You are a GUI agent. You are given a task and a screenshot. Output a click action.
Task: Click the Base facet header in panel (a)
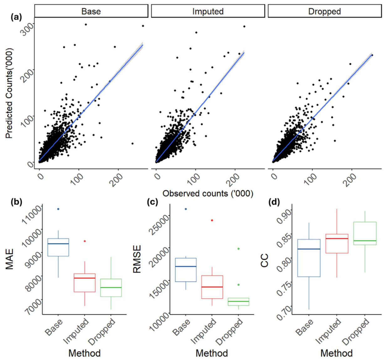click(x=91, y=11)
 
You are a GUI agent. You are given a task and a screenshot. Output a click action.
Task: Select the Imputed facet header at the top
click(x=208, y=11)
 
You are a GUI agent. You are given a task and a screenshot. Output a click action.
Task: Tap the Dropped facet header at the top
click(x=325, y=11)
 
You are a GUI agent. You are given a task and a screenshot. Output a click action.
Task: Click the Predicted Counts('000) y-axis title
click(x=9, y=93)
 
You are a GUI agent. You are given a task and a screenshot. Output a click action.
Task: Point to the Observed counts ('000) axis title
click(x=208, y=193)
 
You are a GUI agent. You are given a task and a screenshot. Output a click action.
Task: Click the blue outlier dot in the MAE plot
click(x=58, y=209)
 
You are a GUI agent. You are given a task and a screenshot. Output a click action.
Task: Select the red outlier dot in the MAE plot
click(x=85, y=241)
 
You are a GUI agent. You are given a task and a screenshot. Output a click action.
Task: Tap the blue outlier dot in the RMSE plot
click(x=186, y=209)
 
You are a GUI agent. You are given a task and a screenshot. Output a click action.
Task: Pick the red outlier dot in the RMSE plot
click(x=212, y=220)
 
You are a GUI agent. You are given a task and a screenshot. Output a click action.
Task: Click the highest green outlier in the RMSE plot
click(x=239, y=249)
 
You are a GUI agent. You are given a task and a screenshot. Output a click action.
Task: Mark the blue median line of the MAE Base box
click(x=58, y=244)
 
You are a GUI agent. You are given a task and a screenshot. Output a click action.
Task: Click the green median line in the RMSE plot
click(x=238, y=301)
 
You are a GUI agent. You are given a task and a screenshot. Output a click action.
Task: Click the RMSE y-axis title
click(x=137, y=259)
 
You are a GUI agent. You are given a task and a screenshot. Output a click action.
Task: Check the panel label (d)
click(x=274, y=202)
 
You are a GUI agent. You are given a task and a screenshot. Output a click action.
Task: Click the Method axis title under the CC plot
click(x=336, y=353)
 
